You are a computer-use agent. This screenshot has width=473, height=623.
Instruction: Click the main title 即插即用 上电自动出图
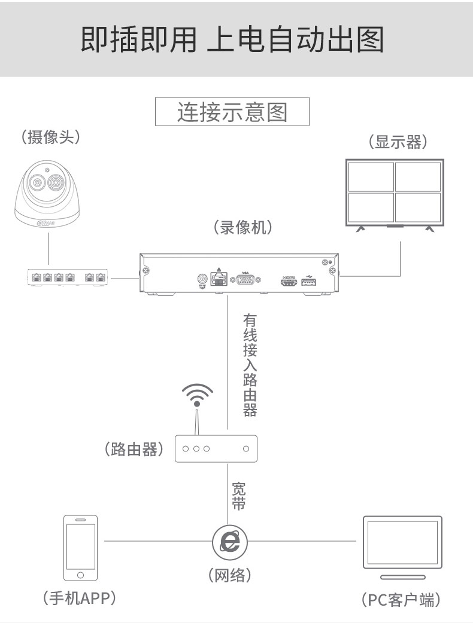click(232, 39)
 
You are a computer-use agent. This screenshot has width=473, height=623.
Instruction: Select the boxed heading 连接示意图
click(232, 112)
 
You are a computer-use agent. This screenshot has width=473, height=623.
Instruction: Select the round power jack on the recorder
click(202, 279)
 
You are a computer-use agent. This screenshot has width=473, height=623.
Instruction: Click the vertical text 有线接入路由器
click(250, 365)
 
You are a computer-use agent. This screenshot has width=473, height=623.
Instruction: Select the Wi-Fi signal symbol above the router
click(197, 395)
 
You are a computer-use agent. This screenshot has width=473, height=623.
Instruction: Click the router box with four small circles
click(215, 448)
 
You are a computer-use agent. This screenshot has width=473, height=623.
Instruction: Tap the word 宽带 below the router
click(238, 496)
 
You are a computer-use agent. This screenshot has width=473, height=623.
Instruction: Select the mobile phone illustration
click(80, 547)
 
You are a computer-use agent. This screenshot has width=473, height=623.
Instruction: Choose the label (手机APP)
click(79, 597)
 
